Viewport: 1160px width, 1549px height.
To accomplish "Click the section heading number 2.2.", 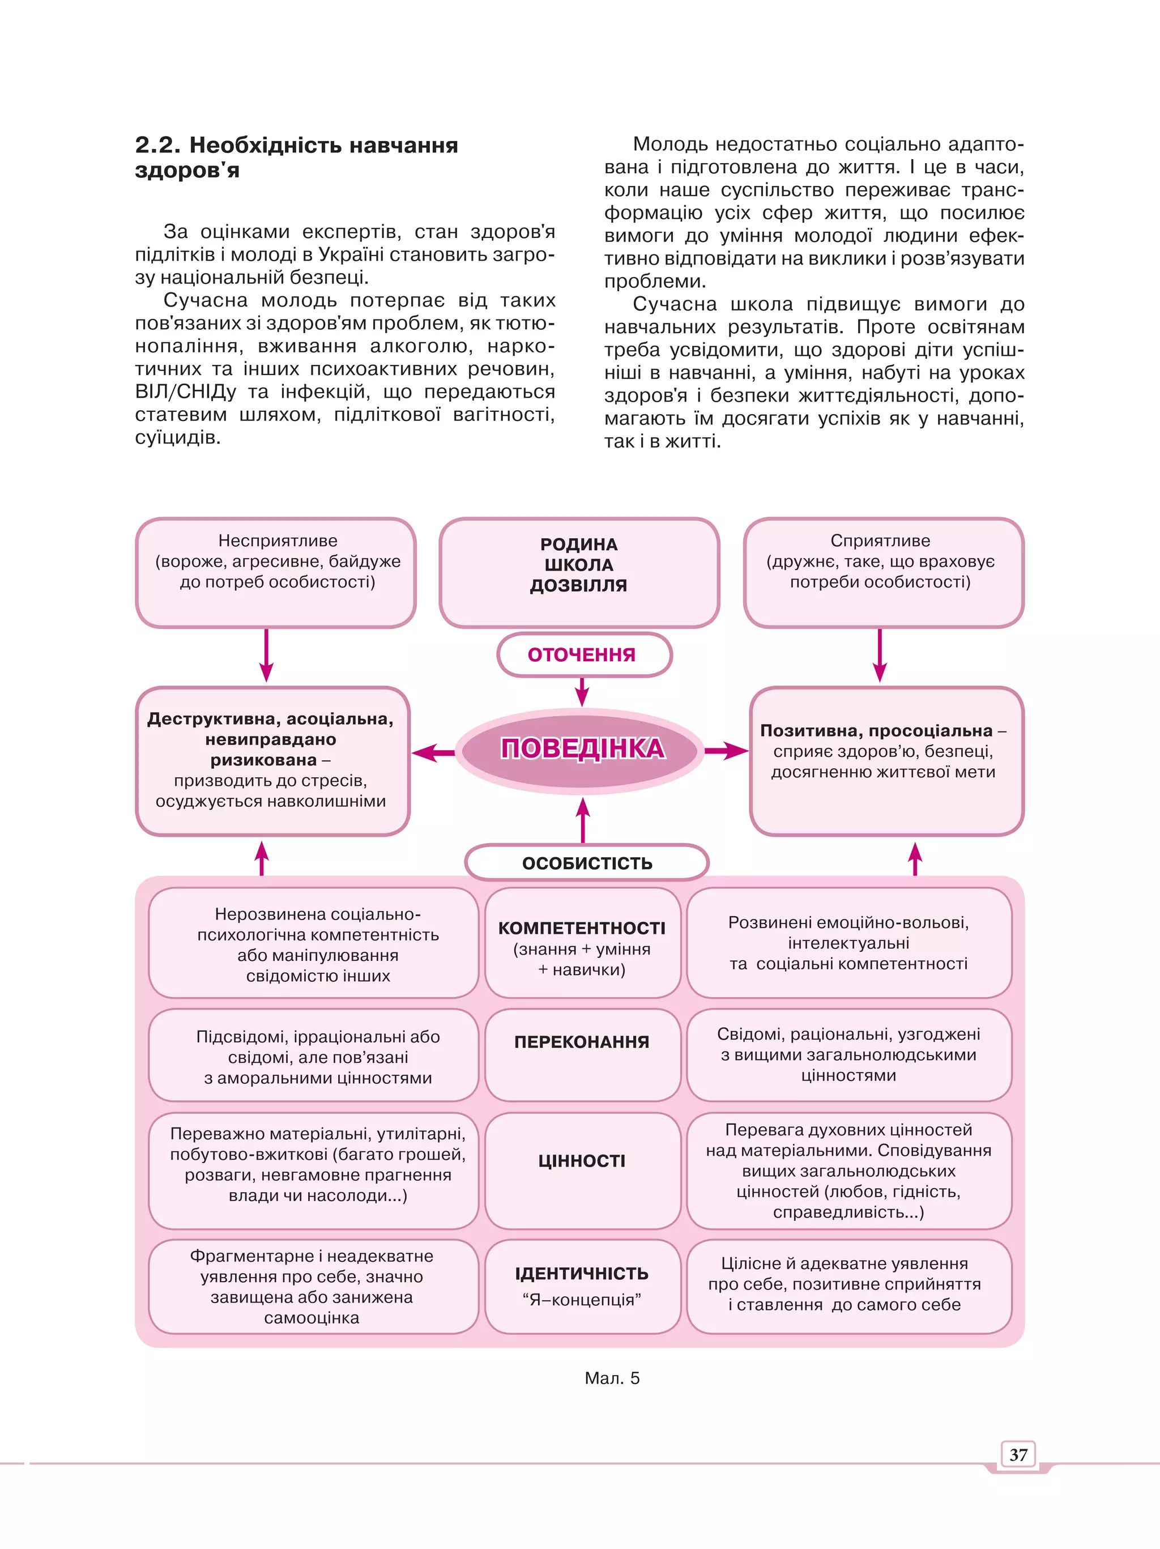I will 157,145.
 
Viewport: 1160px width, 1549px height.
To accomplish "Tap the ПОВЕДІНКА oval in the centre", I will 581,750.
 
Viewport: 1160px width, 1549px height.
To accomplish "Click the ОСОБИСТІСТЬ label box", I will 587,863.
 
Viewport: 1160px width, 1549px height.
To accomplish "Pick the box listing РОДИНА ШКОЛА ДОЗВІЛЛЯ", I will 579,572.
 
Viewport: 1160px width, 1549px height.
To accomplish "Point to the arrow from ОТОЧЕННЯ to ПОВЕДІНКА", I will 582,692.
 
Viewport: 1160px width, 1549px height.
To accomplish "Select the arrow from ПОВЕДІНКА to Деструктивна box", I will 433,753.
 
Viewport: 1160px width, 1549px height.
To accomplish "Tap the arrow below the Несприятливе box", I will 266,656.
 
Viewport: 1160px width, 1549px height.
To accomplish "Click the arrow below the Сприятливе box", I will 880,656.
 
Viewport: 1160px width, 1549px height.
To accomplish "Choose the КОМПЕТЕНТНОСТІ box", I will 582,943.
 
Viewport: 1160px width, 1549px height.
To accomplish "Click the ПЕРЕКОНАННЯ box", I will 582,1054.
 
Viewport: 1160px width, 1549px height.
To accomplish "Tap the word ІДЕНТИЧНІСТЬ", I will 582,1273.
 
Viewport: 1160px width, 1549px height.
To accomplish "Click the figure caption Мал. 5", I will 612,1378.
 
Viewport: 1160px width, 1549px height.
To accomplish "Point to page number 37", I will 1018,1455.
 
